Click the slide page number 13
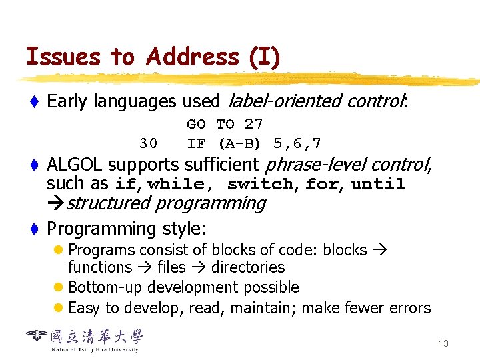[x=443, y=343]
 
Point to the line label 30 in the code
[x=148, y=143]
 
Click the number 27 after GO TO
[x=253, y=124]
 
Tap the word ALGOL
[x=75, y=164]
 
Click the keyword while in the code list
[x=176, y=184]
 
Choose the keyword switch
[x=260, y=184]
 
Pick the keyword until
[x=378, y=184]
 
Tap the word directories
[x=248, y=267]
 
